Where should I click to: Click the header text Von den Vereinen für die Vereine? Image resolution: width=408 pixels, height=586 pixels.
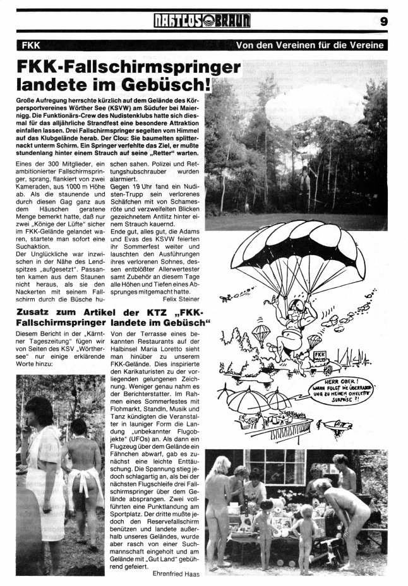pos(309,45)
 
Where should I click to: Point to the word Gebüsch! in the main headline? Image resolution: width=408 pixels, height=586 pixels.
pos(173,84)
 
